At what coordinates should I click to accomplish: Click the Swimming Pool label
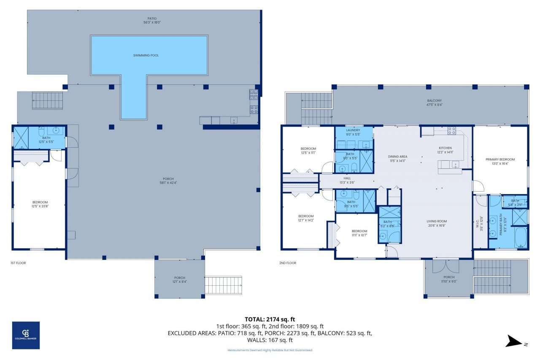(x=146, y=55)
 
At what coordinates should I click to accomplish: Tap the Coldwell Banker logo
(x=26, y=335)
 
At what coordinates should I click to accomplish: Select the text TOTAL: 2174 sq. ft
(x=270, y=319)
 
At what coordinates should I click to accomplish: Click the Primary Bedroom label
(x=500, y=160)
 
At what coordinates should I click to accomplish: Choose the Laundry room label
(x=353, y=130)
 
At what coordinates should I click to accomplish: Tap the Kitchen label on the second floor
(x=445, y=148)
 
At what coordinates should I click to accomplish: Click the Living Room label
(x=436, y=221)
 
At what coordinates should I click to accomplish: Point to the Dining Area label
(x=397, y=157)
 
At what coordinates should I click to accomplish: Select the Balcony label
(x=434, y=101)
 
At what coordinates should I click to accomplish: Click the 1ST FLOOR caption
(x=18, y=263)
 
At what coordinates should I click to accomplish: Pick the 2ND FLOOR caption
(x=288, y=263)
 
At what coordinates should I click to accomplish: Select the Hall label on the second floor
(x=347, y=178)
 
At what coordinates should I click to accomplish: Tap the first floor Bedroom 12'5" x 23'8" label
(x=40, y=202)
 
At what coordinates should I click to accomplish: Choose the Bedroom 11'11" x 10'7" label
(x=359, y=231)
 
